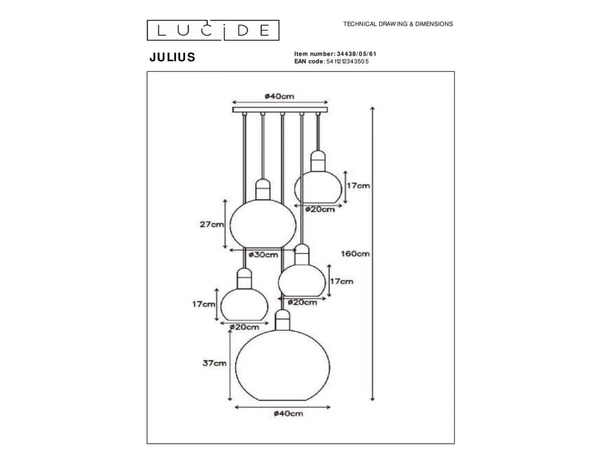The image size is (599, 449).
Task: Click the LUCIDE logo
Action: [x=213, y=30]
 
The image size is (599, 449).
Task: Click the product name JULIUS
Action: [x=172, y=57]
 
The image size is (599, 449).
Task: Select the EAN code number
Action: [x=347, y=61]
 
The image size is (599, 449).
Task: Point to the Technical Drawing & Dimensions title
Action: [x=398, y=24]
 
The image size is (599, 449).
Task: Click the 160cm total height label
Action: [x=355, y=253]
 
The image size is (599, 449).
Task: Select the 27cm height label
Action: [x=212, y=224]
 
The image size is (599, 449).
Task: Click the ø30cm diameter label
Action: [x=264, y=255]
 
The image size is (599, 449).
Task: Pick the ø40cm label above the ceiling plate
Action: [x=280, y=96]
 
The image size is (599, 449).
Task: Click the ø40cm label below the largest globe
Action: [x=289, y=413]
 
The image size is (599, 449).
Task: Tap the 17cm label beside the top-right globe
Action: [x=358, y=186]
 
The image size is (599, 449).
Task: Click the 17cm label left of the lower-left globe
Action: [x=203, y=304]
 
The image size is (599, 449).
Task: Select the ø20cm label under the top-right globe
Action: [x=320, y=210]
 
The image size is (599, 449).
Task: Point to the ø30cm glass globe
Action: [x=257, y=224]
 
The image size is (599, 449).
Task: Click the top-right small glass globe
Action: [x=318, y=187]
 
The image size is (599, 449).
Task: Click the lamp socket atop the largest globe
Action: [x=283, y=319]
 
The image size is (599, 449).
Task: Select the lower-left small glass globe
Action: [x=245, y=304]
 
